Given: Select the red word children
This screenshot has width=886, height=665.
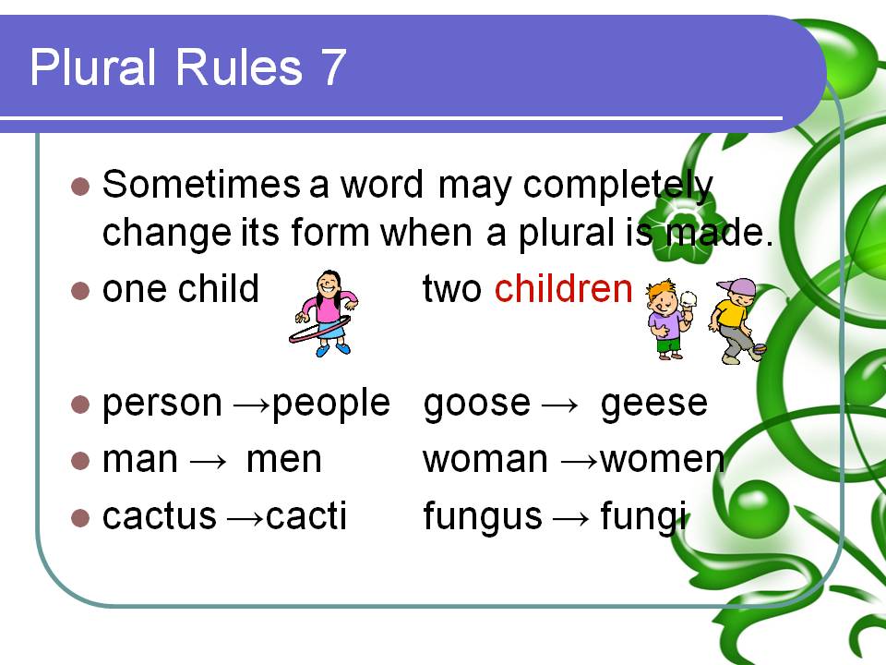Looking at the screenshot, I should coord(563,290).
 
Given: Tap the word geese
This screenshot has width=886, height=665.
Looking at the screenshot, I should coord(653,404).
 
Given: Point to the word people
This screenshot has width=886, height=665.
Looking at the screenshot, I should coord(332,404).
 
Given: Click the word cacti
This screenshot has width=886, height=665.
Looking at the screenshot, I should coord(306,516).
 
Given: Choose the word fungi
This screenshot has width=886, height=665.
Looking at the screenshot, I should coord(643,516).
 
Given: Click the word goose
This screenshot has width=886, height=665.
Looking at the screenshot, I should coord(477,404).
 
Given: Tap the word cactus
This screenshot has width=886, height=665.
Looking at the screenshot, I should coord(159,516).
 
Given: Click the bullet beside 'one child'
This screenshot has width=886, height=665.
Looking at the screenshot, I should coord(80,290).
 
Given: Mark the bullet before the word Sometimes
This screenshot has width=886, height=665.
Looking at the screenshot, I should coord(80,186).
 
